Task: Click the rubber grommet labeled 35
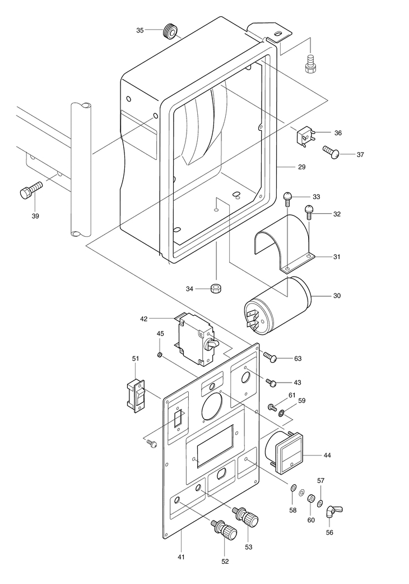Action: [x=170, y=31]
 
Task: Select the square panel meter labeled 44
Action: [x=284, y=452]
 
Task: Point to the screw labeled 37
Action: [x=331, y=152]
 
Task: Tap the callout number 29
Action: [x=301, y=167]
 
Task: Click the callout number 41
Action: [x=181, y=557]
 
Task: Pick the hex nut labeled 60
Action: [x=309, y=498]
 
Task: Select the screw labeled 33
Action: [x=287, y=199]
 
